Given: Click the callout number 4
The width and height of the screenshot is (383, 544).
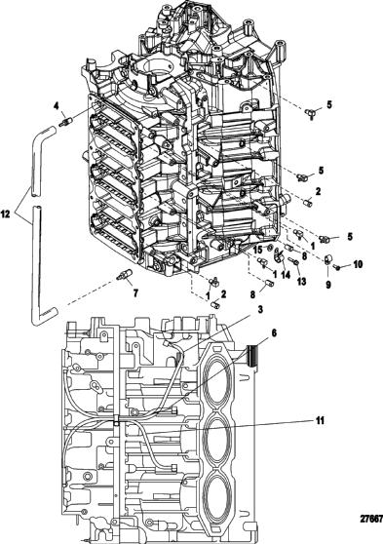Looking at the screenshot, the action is coord(57,107).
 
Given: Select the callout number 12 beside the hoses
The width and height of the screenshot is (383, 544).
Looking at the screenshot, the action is coord(5,214).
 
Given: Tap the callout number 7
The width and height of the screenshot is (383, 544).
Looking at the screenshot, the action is coord(135,293).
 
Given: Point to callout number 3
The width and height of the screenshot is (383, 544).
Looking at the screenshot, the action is coord(260,309).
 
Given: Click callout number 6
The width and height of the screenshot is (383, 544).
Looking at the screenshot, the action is coord(274,333).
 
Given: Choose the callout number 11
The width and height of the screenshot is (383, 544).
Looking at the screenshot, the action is coord(320,420).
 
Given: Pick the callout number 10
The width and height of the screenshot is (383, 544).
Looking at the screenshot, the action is coord(358,264).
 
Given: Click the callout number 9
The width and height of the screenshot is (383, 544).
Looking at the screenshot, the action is coord(327,285).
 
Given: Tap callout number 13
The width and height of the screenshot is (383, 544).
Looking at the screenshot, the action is coord(301,281).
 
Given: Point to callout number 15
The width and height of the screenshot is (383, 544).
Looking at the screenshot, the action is coord(257,250).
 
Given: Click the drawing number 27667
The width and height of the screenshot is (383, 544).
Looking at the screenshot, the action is coord(372,520).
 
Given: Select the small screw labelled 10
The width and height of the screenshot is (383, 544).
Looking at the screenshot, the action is coord(336,267).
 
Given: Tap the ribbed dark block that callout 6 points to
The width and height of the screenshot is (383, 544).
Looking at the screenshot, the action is coord(252,356).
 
